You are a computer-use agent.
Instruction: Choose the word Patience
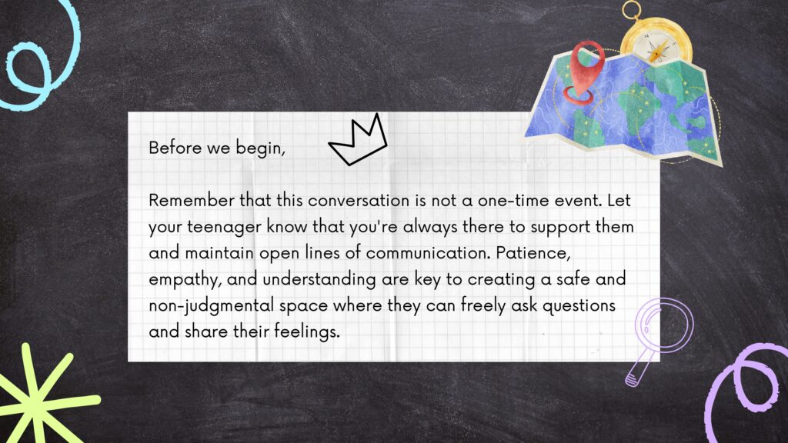(533, 253)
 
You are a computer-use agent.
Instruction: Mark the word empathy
(185, 280)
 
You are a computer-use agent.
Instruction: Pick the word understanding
(319, 280)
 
